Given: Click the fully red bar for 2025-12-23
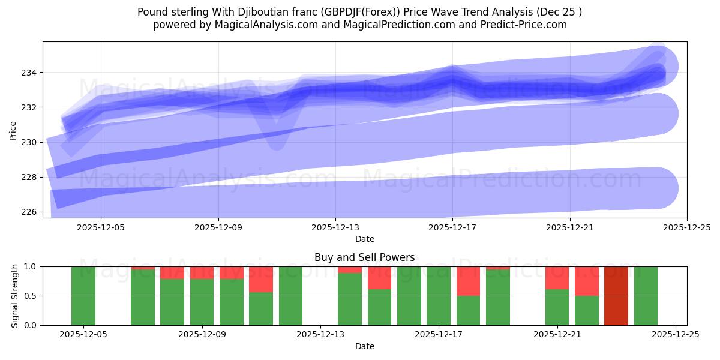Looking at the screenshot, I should [x=616, y=296].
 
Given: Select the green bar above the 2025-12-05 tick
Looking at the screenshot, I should [x=83, y=296].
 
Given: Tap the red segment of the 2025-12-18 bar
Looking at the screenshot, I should [x=468, y=281].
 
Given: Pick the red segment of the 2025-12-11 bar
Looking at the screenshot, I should [x=261, y=279].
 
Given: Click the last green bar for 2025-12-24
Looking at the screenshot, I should [x=646, y=296].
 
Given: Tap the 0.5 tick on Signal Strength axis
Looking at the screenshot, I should [x=31, y=296].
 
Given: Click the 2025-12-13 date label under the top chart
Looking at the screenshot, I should [x=335, y=228].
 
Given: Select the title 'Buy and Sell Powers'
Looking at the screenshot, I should [x=364, y=257].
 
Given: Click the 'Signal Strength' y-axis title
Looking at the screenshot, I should [x=15, y=296].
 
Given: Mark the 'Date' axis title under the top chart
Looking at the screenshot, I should [x=364, y=239].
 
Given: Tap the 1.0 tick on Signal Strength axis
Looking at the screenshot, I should [x=31, y=266].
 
